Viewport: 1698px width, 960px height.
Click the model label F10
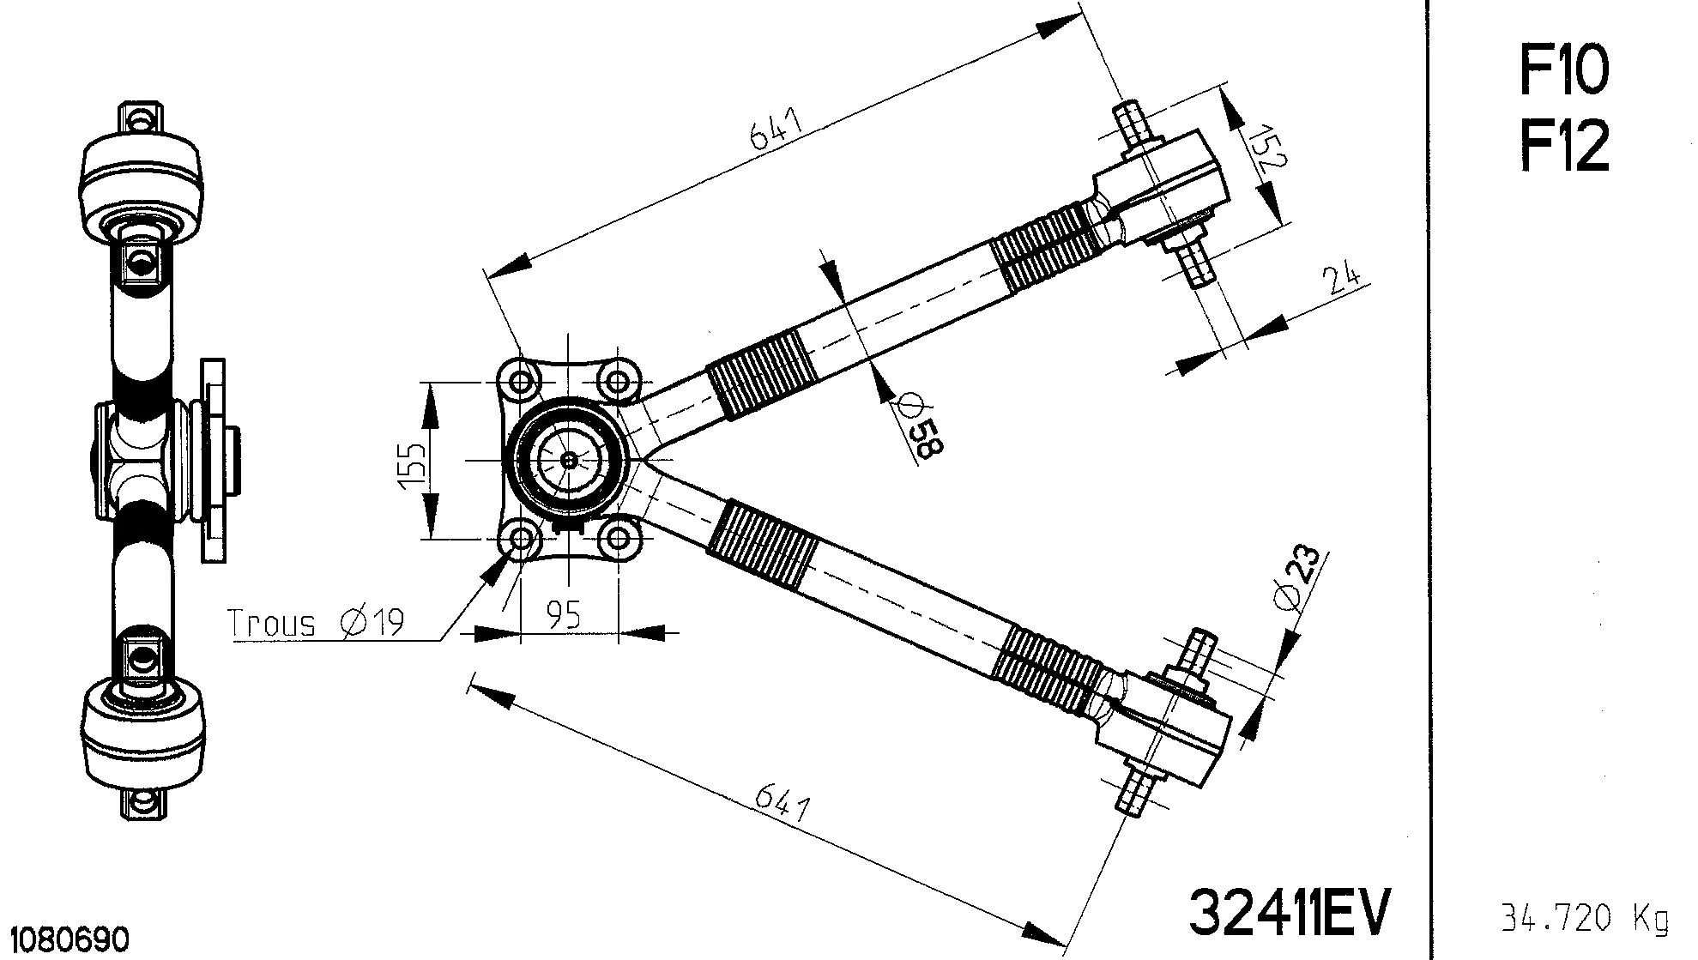pos(1563,70)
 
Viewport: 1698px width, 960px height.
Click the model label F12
pos(1563,146)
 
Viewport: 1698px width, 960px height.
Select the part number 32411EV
pos(1288,912)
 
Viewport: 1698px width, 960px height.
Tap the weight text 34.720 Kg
pos(1584,919)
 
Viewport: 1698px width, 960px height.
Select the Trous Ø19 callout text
pos(316,622)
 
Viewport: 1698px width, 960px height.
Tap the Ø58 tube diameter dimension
pos(919,426)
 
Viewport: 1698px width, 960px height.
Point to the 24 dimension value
pos(1341,280)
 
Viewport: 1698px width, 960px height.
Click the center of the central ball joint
pos(568,460)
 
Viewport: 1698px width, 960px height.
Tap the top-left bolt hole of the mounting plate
pos(520,381)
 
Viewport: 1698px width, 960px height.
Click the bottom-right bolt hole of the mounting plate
pos(618,540)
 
